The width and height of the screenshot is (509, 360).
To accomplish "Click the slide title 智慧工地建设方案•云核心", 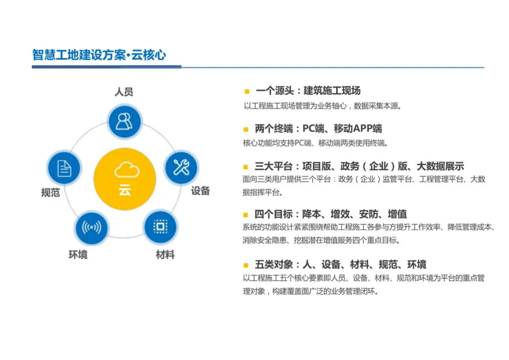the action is [x=99, y=55].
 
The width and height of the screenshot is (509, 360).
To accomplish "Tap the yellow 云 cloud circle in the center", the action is [x=125, y=179].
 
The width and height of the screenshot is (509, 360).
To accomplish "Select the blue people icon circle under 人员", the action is [x=124, y=121].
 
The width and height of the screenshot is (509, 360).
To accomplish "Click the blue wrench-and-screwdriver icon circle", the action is [x=181, y=167].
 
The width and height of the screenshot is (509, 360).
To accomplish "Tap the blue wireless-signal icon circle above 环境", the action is [x=91, y=228].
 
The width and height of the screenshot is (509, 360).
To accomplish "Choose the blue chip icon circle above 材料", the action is [x=160, y=227].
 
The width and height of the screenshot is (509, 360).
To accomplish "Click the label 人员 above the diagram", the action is [x=124, y=91].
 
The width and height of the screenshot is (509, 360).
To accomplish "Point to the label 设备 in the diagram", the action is [x=200, y=191].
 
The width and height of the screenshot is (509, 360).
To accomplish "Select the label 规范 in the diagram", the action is [x=50, y=193].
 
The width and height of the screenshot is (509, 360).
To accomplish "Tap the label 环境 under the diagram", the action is [x=78, y=255].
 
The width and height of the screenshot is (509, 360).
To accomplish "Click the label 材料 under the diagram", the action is [x=165, y=255].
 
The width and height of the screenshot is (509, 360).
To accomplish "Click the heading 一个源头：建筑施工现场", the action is [x=308, y=91].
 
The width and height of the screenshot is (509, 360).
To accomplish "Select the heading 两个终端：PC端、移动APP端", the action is [x=318, y=129].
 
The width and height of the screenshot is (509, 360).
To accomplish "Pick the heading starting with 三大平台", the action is [x=359, y=166].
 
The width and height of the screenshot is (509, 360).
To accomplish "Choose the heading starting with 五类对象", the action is [x=340, y=265].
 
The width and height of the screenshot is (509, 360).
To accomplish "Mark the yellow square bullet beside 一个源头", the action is [x=246, y=91].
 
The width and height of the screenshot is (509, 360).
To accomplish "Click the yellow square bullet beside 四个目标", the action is [x=246, y=214].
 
